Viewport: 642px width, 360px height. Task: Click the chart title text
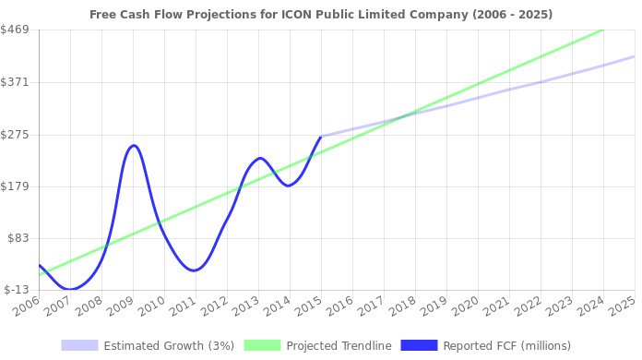[322, 15]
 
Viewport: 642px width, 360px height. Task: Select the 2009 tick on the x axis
[119, 305]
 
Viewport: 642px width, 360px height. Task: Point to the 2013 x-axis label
[245, 305]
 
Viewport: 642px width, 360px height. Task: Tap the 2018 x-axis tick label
[402, 305]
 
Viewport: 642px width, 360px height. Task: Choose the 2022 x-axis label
[528, 305]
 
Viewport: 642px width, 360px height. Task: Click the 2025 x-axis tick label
[622, 305]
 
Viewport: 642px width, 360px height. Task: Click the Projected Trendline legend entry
[339, 345]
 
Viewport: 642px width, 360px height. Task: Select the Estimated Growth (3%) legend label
[168, 345]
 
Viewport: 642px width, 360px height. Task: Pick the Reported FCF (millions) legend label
[506, 345]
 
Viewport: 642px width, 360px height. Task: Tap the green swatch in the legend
[262, 345]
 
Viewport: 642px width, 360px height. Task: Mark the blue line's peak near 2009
[134, 145]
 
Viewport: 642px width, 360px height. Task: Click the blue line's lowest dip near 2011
[193, 270]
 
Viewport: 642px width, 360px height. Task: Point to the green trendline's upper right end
[602, 30]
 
